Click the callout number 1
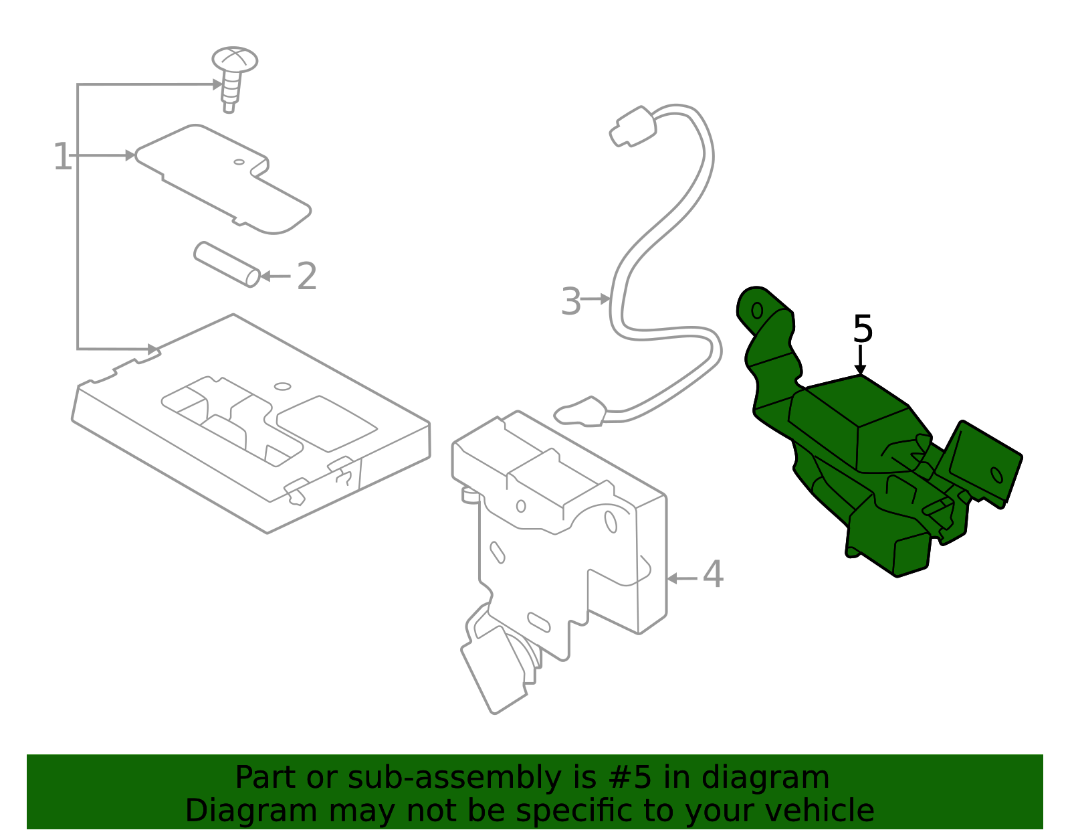[x=63, y=157]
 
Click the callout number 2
[x=307, y=276]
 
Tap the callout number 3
[x=571, y=301]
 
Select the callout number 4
[x=713, y=574]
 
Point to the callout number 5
[x=863, y=329]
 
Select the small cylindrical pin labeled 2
[x=227, y=264]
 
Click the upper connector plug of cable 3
[x=633, y=127]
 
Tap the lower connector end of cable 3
[x=580, y=412]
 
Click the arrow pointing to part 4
[x=682, y=578]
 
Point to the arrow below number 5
[x=860, y=360]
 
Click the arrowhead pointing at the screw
[x=217, y=85]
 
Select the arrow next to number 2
[x=276, y=276]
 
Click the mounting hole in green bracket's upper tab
[x=757, y=311]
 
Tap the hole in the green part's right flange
[x=996, y=475]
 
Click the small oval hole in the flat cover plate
[x=239, y=162]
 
